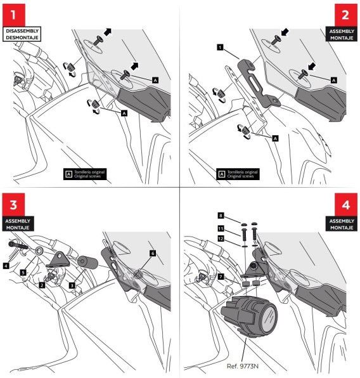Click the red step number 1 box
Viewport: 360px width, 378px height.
coord(14,15)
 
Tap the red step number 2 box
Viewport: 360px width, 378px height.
coord(346,15)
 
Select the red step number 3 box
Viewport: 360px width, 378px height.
coord(13,205)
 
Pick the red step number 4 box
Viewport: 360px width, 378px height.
coord(346,205)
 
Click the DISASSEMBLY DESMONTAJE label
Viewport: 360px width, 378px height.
coord(22,34)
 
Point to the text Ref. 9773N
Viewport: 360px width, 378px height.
coord(242,366)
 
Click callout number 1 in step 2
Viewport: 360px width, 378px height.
coord(220,47)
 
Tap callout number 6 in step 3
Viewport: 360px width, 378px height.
coord(153,253)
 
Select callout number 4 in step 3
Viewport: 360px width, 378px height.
coord(6,266)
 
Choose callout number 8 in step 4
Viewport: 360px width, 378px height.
coord(221,215)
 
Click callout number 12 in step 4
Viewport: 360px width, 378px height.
coord(221,238)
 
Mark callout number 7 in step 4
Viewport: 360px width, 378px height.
coord(221,277)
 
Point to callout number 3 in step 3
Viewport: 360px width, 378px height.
coord(72,285)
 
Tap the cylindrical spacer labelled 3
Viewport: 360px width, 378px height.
coord(87,263)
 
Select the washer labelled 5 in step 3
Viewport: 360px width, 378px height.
coord(39,251)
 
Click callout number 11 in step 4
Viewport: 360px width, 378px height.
coord(221,228)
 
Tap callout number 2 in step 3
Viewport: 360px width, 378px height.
coord(42,285)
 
